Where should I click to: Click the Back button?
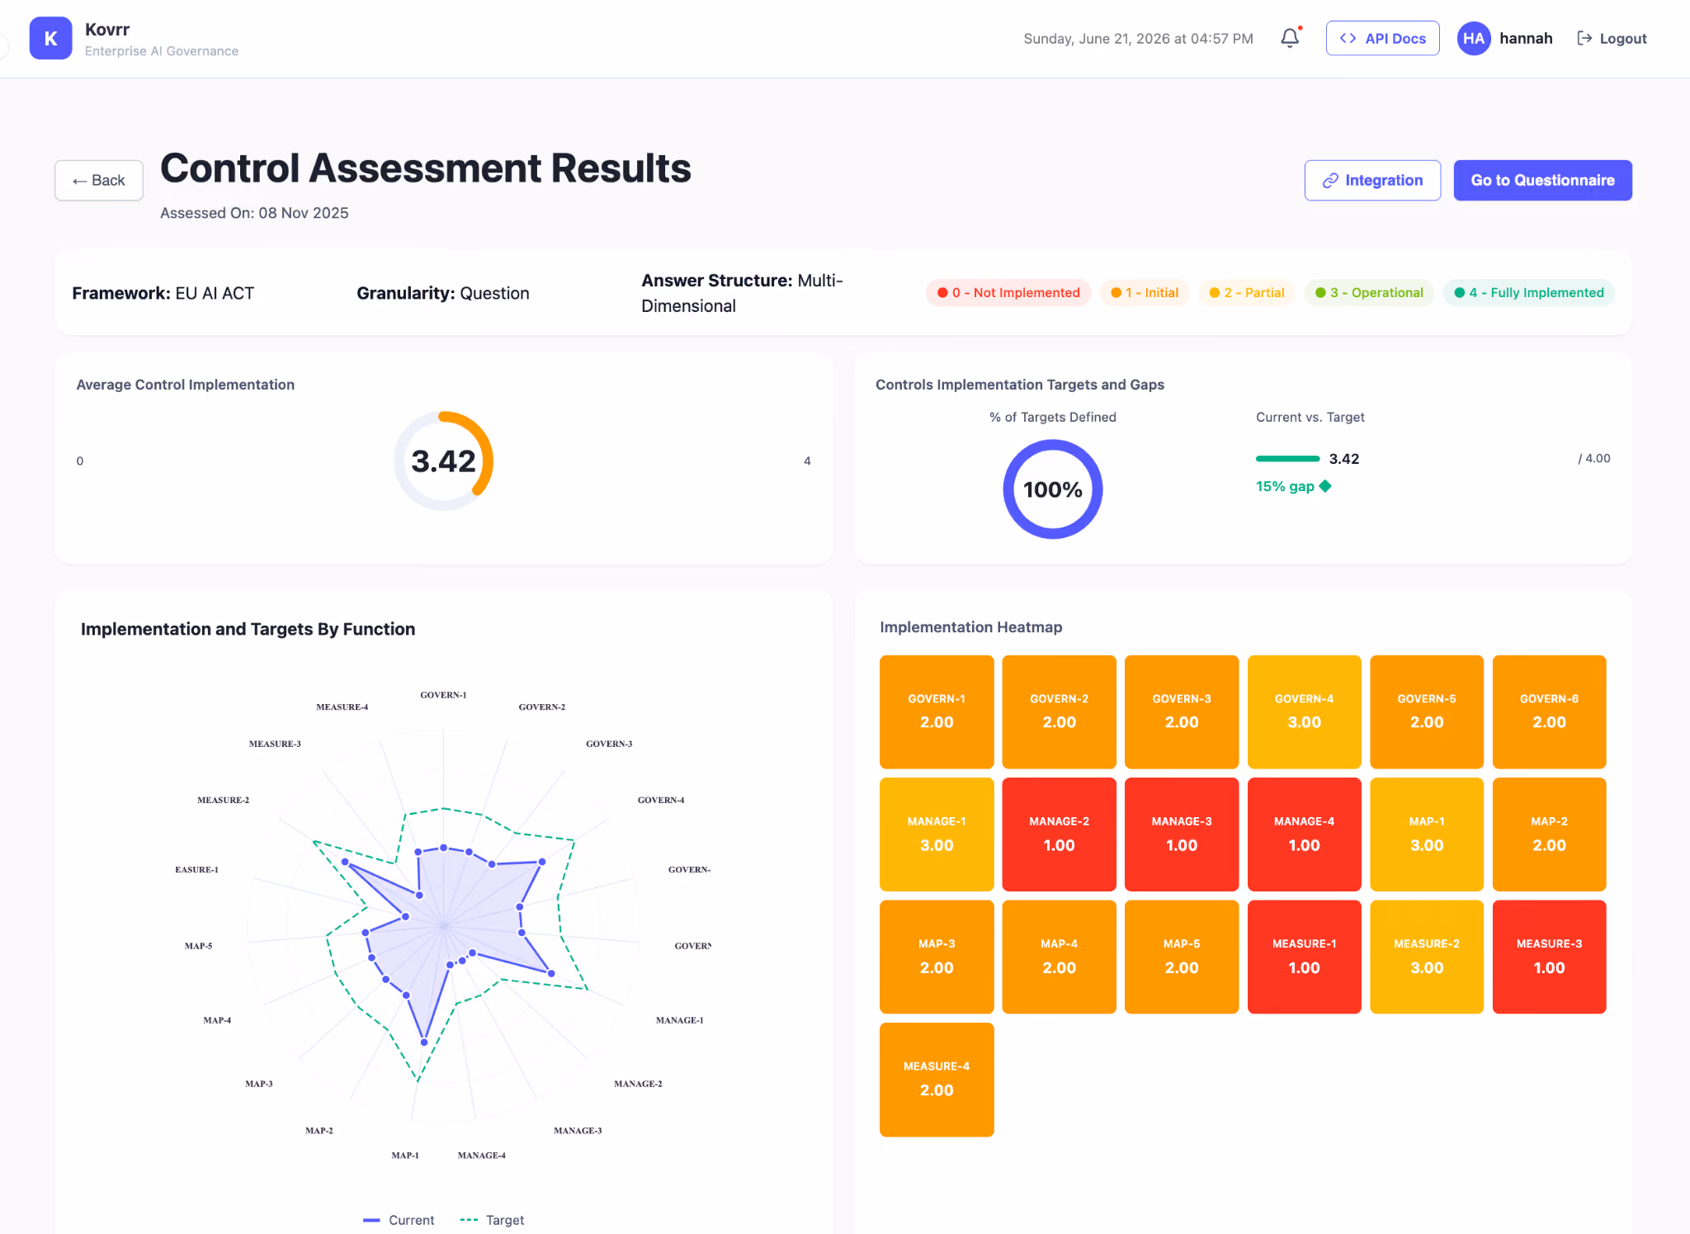pyautogui.click(x=99, y=180)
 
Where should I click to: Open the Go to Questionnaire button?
pyautogui.click(x=1542, y=180)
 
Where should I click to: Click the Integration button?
pyautogui.click(x=1372, y=180)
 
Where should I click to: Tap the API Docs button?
pyautogui.click(x=1382, y=38)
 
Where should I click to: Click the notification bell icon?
pyautogui.click(x=1290, y=38)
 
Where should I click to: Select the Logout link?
pyautogui.click(x=1612, y=38)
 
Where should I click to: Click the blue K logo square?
pyautogui.click(x=50, y=38)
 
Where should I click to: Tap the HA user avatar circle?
pyautogui.click(x=1474, y=38)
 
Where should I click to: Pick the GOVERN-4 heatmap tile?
pyautogui.click(x=1304, y=712)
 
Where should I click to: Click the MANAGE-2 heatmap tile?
pyautogui.click(x=1059, y=834)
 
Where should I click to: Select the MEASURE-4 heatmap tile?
pyautogui.click(x=937, y=1079)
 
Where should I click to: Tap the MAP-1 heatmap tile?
pyautogui.click(x=1426, y=834)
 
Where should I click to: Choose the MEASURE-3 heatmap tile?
pyautogui.click(x=1549, y=957)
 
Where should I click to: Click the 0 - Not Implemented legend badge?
pyautogui.click(x=1008, y=292)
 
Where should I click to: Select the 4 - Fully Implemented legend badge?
pyautogui.click(x=1528, y=292)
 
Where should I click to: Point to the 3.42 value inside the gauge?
pyautogui.click(x=444, y=461)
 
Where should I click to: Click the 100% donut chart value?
pyautogui.click(x=1053, y=489)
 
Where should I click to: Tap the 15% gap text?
pyautogui.click(x=1285, y=486)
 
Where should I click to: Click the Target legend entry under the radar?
pyautogui.click(x=492, y=1220)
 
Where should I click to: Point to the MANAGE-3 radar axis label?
pyautogui.click(x=578, y=1131)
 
